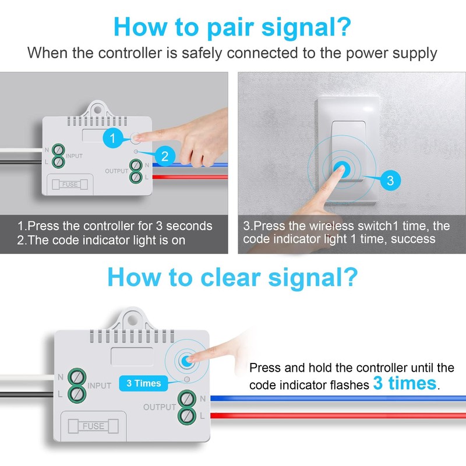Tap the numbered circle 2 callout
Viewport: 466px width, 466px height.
[165, 156]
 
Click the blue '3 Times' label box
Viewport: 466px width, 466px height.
[143, 383]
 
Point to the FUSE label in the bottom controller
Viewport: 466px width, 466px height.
[93, 426]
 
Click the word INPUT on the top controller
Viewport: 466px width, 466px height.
[74, 156]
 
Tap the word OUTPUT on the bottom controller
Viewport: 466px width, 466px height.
[160, 407]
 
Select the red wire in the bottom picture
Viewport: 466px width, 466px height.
[326, 415]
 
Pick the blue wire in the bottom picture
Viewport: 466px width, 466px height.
[326, 398]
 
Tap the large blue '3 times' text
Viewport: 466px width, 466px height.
[404, 383]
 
